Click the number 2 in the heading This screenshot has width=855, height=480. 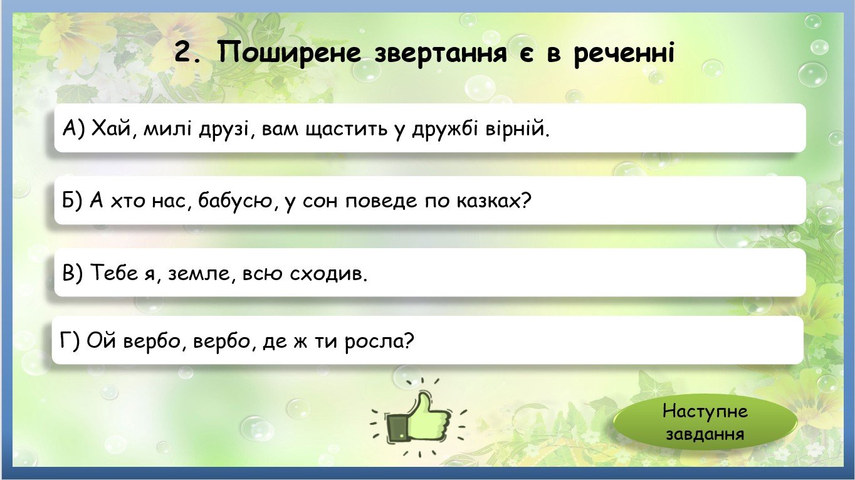(185, 52)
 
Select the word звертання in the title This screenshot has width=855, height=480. (441, 53)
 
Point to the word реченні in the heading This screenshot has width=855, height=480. (624, 54)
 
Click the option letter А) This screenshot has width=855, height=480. (74, 128)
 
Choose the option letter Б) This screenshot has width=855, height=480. (72, 200)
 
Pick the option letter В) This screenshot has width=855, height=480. (72, 272)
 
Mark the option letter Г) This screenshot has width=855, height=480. (70, 340)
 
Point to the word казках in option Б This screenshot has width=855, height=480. (493, 200)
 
